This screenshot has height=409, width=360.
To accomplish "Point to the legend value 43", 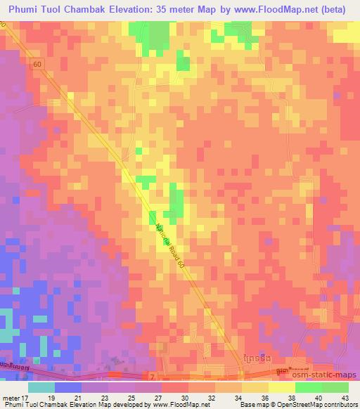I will coord(346,397).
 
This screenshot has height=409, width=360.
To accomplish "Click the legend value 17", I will coord(27,397).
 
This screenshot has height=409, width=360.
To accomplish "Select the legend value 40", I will coord(319,397).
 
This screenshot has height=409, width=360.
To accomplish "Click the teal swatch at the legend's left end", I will coord(41,387).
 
